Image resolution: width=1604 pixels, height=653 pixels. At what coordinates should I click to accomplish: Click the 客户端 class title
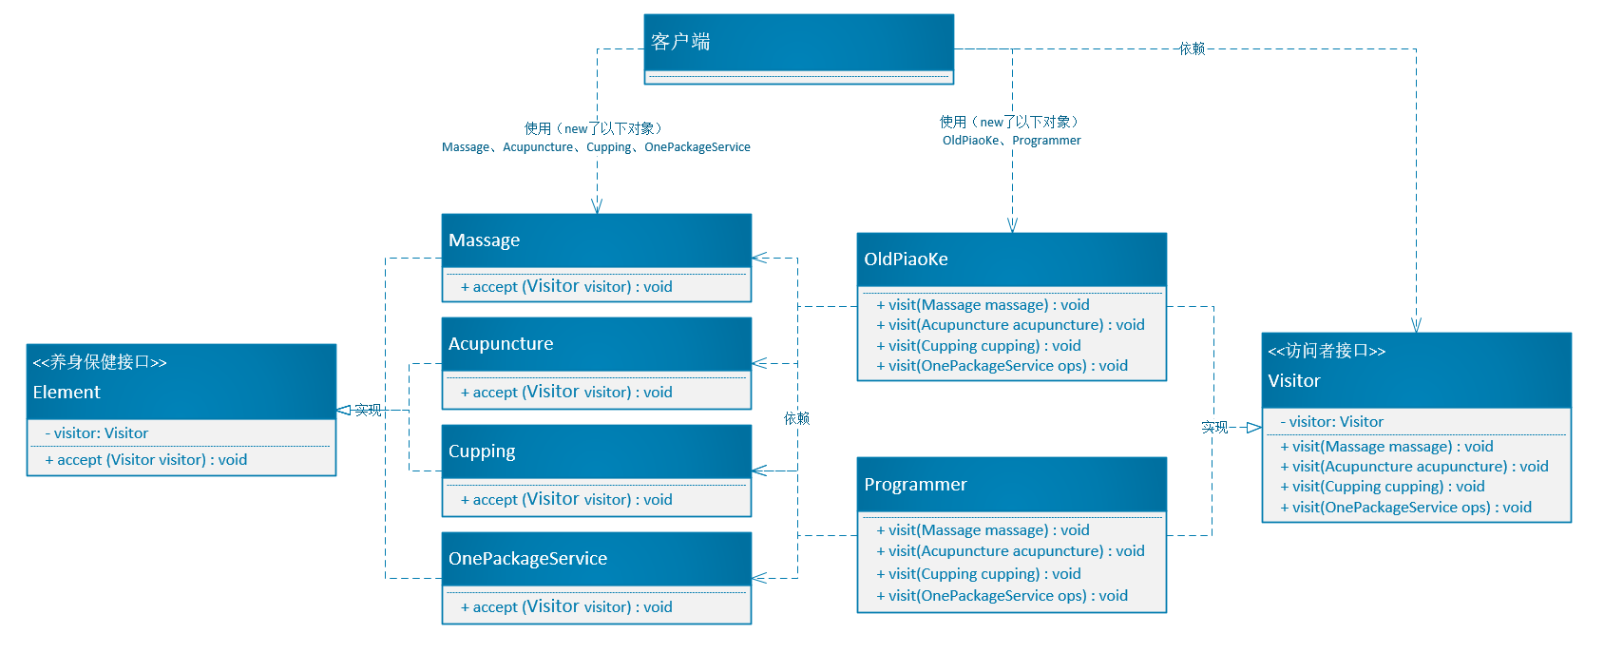coord(680,41)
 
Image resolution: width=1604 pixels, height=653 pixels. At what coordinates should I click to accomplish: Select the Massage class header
coord(485,240)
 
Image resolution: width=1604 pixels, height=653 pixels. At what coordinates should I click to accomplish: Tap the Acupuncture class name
coord(501,344)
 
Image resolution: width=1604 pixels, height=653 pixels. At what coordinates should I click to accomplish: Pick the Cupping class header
coord(482,451)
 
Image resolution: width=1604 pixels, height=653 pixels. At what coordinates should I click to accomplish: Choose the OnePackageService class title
coord(527,559)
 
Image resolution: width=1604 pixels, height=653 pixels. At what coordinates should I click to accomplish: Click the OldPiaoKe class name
coord(906,259)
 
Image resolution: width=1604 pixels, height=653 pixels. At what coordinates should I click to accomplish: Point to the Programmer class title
coord(915,485)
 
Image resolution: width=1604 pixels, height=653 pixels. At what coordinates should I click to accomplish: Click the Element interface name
coord(67,393)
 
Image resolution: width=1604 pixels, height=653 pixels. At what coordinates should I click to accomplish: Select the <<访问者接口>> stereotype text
coord(1327,351)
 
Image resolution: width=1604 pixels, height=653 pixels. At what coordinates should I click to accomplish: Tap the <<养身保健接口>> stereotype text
coord(100,362)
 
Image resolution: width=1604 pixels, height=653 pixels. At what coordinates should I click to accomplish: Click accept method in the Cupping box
coord(566,500)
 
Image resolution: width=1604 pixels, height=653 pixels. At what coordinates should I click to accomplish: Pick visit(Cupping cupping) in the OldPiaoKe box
coord(979,346)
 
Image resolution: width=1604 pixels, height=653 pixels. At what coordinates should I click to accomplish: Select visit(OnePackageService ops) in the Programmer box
coord(1002,596)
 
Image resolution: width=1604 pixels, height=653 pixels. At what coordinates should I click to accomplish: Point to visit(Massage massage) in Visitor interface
coord(1386,447)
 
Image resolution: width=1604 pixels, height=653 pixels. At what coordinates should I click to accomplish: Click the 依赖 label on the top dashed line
coord(1192,48)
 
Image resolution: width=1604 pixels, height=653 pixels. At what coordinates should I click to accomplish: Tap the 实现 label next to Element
coord(369,410)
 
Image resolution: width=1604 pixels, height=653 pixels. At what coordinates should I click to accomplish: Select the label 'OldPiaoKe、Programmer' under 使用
coord(1011,141)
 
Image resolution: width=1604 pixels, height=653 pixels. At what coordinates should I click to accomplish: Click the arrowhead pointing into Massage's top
coord(597,206)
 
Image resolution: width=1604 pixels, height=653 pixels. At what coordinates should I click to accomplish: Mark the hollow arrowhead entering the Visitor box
coord(1254,428)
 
